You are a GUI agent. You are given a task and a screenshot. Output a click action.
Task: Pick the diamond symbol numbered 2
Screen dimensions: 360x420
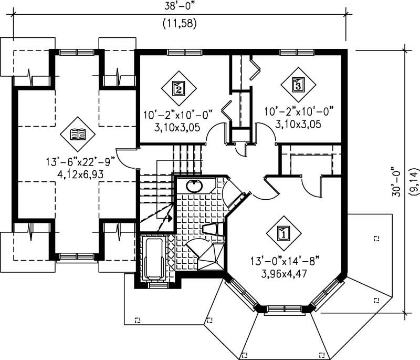point(178,88)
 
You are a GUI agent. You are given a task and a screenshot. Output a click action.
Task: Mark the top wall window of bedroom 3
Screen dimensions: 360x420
point(295,52)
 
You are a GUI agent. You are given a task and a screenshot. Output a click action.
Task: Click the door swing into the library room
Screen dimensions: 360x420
point(126,156)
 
